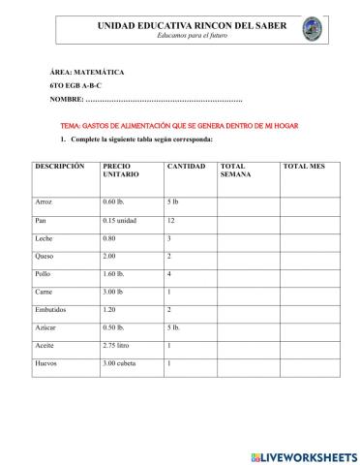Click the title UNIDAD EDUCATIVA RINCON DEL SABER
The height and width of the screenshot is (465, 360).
179,24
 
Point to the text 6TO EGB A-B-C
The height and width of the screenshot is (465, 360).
75,86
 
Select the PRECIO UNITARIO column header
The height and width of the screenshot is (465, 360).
121,171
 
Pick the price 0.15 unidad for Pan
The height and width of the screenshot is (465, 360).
121,220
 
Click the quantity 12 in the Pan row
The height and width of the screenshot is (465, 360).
171,220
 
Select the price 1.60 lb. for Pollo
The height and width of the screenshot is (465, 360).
116,274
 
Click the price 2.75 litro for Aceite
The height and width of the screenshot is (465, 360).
120,345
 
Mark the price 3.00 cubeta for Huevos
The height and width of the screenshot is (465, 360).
123,363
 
